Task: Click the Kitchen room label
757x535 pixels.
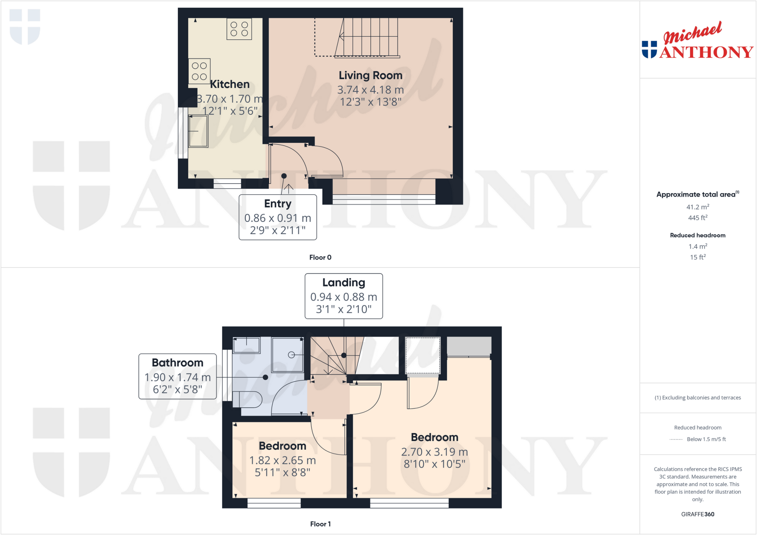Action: pos(230,84)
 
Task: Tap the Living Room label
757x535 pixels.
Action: pos(370,75)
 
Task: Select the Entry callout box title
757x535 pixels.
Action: pos(278,203)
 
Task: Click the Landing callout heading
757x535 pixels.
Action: pos(343,282)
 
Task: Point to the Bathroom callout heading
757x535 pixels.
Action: pos(177,363)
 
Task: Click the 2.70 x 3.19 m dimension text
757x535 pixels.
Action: pos(434,452)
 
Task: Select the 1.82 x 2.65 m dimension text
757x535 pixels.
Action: pos(282,460)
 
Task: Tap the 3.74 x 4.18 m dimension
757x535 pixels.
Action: pos(370,90)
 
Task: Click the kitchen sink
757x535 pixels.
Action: pos(198,131)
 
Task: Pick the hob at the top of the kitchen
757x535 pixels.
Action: pos(239,29)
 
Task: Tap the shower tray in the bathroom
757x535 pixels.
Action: pos(288,355)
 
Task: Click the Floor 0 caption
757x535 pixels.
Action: pos(320,257)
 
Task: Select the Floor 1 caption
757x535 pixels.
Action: pos(320,524)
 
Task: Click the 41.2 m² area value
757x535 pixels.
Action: pos(697,207)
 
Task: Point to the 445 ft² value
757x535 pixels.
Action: pos(697,218)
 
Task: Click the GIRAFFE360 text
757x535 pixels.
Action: pos(697,514)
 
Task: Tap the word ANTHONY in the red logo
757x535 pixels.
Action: pos(706,52)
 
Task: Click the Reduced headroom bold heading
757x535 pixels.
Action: pos(697,235)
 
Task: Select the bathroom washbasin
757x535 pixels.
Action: pos(247,346)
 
